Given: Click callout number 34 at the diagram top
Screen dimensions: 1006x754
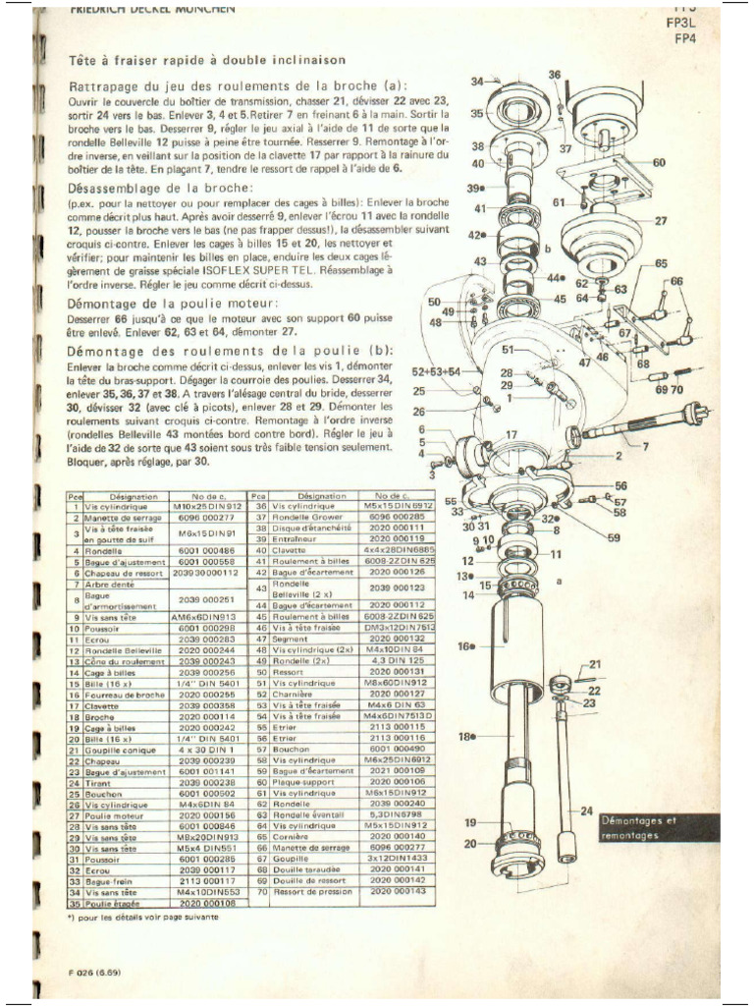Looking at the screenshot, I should pyautogui.click(x=478, y=82).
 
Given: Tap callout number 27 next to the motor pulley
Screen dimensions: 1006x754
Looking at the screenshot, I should pyautogui.click(x=660, y=221).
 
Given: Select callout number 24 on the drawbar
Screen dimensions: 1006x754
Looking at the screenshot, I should pyautogui.click(x=585, y=810).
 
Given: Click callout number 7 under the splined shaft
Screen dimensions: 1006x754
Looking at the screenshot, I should pyautogui.click(x=645, y=448).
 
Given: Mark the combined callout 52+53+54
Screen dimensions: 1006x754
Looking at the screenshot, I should pyautogui.click(x=436, y=372).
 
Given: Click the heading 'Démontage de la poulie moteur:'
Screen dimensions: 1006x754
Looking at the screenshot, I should pyautogui.click(x=173, y=303).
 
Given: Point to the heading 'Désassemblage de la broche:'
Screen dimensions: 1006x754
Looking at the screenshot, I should pyautogui.click(x=161, y=187).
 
